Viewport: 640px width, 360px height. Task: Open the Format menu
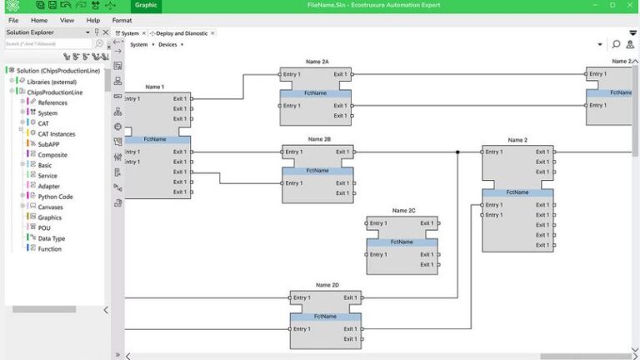click(x=122, y=20)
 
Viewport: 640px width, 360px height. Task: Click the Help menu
click(x=93, y=20)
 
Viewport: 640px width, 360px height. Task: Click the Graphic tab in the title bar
click(x=146, y=5)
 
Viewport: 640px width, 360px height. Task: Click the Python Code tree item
click(x=55, y=197)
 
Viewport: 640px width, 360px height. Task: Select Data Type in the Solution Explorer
click(x=51, y=238)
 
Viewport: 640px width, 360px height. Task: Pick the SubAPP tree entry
click(x=48, y=144)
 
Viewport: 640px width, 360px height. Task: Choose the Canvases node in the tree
click(x=50, y=207)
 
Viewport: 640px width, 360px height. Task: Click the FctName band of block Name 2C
click(x=402, y=242)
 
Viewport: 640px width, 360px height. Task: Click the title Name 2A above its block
click(x=317, y=62)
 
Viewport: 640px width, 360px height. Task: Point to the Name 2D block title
click(x=327, y=285)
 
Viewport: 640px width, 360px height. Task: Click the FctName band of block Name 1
click(x=156, y=139)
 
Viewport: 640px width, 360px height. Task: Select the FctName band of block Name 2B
click(x=317, y=171)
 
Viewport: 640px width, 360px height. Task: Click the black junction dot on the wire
click(x=457, y=152)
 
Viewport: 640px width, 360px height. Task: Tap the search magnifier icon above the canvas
click(x=616, y=44)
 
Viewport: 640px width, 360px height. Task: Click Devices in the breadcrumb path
click(x=167, y=44)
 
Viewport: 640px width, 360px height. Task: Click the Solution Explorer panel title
click(x=30, y=32)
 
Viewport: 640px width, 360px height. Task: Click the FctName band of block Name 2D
click(x=326, y=317)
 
